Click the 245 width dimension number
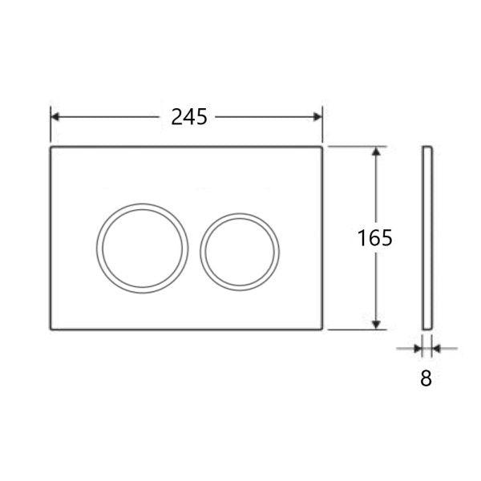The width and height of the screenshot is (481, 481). tap(188, 117)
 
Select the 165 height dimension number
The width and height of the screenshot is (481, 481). tap(374, 238)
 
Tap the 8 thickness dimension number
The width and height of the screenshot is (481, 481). tap(426, 379)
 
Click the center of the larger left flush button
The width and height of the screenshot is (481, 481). tap(143, 245)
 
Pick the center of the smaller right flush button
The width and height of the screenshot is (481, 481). tap(240, 251)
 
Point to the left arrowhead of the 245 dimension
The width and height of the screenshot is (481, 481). tap(56, 117)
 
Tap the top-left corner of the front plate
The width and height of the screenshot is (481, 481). tap(52, 148)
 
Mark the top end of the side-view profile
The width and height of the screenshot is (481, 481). tap(426, 148)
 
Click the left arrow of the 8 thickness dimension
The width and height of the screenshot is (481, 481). tap(417, 348)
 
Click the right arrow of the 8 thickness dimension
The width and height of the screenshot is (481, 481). tap(436, 348)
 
